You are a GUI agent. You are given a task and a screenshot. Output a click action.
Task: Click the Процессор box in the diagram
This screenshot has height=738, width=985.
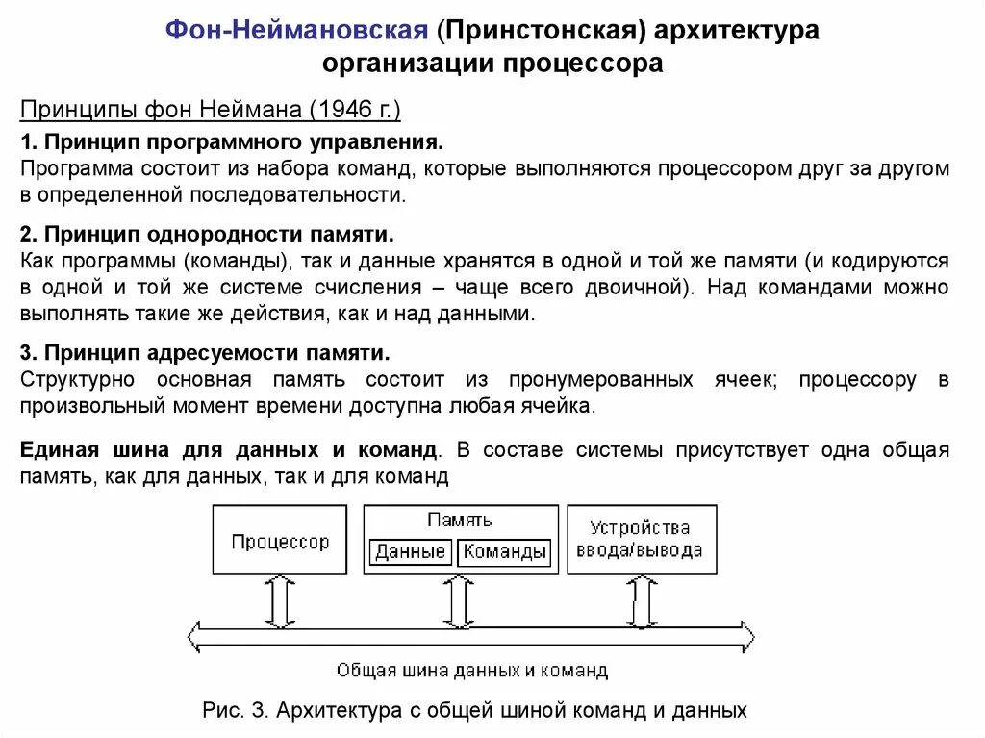click(x=279, y=541)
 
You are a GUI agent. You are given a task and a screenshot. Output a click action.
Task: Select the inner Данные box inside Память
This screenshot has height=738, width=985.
click(x=410, y=552)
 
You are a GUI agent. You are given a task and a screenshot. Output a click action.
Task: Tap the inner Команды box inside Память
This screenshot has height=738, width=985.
click(x=504, y=552)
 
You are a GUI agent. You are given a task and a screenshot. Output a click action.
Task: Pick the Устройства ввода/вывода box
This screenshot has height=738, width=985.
click(x=641, y=540)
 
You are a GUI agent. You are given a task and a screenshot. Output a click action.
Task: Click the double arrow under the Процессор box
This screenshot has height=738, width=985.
click(x=279, y=602)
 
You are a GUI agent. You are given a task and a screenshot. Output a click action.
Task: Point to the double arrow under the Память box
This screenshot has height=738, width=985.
click(x=460, y=602)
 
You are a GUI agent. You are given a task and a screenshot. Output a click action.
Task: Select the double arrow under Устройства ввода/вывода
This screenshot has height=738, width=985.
click(x=642, y=602)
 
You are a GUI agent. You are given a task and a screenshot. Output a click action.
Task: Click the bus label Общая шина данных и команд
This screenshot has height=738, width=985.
click(x=471, y=670)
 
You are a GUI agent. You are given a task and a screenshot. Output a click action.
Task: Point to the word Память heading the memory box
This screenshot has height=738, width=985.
click(x=460, y=520)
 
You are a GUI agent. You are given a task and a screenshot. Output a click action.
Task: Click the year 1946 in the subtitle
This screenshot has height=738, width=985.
click(x=343, y=110)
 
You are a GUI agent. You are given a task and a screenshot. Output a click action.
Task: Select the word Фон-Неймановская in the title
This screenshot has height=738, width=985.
click(x=296, y=30)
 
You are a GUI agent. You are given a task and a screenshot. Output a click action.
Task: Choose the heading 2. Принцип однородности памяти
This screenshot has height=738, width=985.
click(x=207, y=235)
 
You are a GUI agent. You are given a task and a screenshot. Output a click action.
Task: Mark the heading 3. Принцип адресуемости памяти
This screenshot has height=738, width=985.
click(x=205, y=352)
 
